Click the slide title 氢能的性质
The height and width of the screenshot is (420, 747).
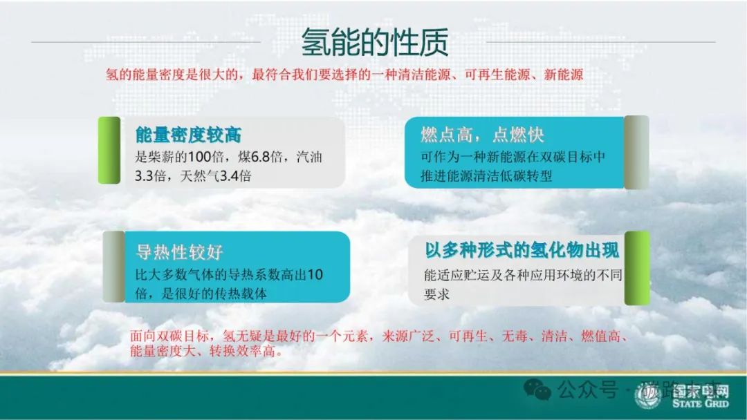374,42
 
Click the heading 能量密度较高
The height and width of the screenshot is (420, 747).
188,135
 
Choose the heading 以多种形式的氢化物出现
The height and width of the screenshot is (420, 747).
522,249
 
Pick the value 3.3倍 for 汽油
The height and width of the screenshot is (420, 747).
150,176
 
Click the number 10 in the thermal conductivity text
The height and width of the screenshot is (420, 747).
315,275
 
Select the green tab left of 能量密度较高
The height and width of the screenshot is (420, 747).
109,151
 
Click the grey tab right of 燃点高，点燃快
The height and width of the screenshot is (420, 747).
636,152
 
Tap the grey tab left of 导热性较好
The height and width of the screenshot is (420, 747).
113,267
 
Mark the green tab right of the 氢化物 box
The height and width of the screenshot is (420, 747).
637,268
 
